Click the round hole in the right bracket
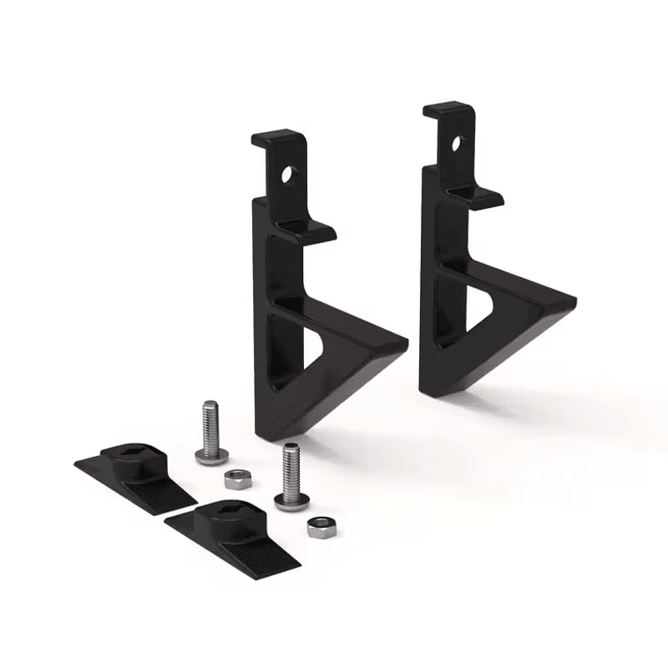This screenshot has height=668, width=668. [x=457, y=144]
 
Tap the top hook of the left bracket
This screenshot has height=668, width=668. [x=277, y=139]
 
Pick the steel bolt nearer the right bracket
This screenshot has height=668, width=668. [x=291, y=476]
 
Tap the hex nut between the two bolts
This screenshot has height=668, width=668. [x=235, y=480]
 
